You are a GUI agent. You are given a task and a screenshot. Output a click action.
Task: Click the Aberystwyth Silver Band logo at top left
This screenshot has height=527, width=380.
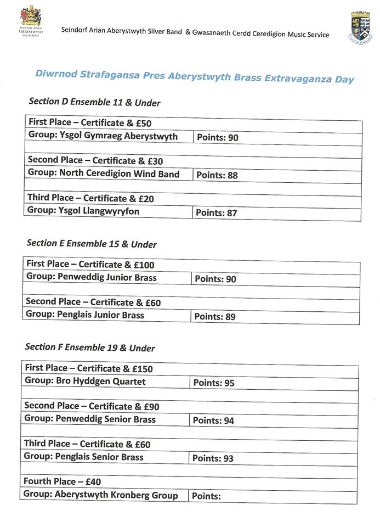click(31, 22)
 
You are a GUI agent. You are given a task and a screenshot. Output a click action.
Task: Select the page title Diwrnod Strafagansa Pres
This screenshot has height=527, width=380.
click(195, 77)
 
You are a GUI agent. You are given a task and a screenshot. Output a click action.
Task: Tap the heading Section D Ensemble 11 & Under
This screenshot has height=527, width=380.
click(94, 102)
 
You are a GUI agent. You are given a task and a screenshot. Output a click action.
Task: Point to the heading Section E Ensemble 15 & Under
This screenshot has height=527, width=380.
click(92, 244)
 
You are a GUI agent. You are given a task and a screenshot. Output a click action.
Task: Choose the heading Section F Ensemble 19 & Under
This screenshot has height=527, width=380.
click(90, 347)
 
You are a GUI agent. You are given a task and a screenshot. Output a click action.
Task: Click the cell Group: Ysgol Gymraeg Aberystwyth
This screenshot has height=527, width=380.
click(103, 137)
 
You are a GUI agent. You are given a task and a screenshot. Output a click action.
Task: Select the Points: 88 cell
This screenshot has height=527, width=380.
click(217, 175)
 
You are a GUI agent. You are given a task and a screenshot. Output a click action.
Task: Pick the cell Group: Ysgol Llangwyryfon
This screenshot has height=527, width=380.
click(84, 211)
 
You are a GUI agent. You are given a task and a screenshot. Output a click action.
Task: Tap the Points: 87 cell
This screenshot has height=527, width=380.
click(217, 212)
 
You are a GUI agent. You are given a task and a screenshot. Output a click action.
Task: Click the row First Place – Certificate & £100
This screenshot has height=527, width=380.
click(90, 265)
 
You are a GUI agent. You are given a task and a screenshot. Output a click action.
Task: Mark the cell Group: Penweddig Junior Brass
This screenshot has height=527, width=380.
click(92, 278)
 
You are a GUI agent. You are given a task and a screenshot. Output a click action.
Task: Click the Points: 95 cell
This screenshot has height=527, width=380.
click(214, 383)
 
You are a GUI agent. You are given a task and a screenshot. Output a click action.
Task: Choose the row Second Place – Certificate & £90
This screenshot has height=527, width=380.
click(92, 406)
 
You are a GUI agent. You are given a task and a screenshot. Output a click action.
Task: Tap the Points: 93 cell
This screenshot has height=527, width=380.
click(213, 458)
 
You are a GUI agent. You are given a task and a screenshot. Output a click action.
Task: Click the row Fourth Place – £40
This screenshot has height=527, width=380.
click(62, 481)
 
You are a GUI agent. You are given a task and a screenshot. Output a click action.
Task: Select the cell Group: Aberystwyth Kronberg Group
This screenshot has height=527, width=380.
click(101, 495)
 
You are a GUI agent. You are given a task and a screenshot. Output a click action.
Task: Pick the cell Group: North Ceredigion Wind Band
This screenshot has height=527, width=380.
click(104, 174)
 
